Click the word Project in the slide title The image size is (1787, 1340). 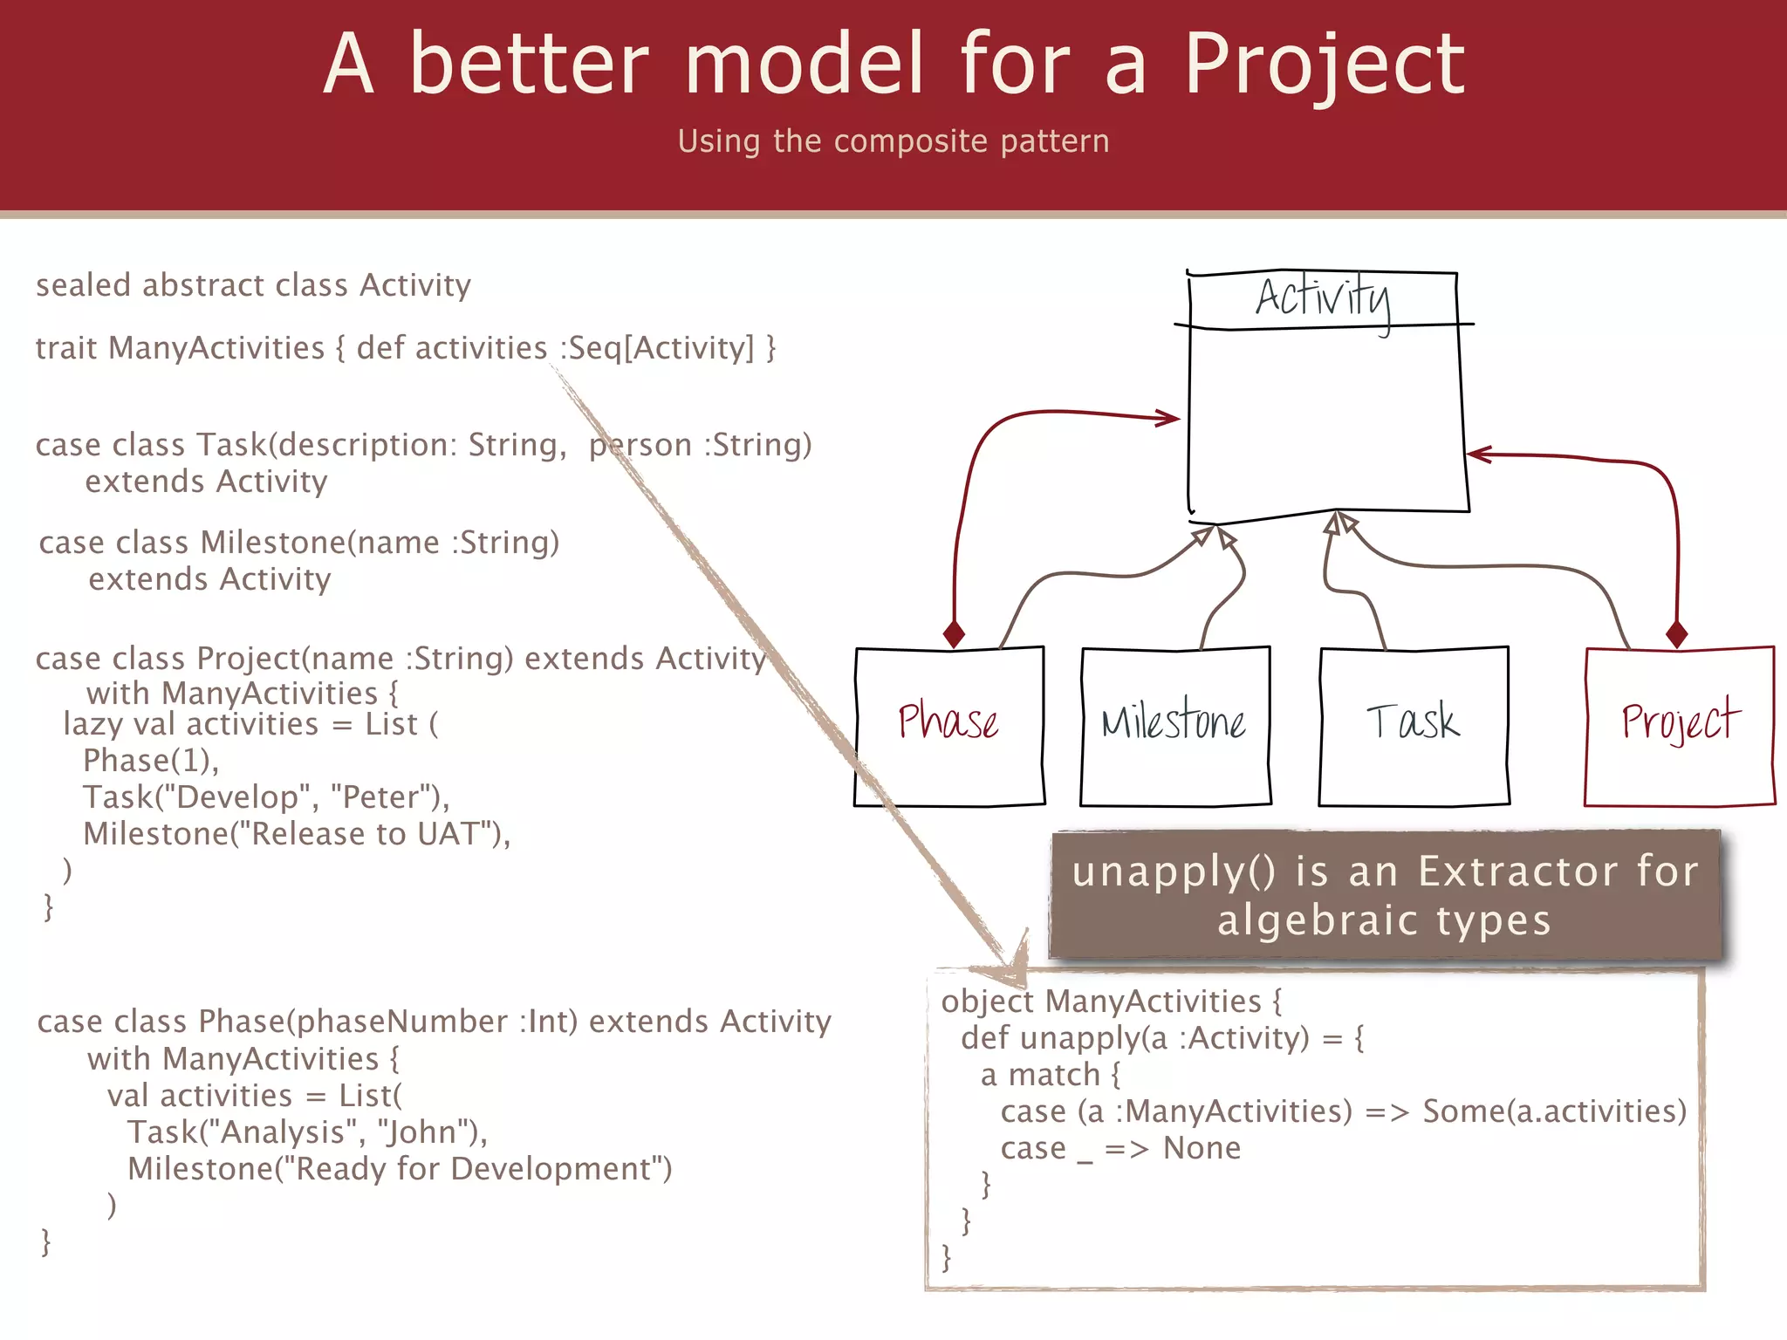(1324, 65)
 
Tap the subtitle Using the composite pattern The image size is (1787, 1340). (893, 141)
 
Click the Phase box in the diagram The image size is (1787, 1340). (949, 726)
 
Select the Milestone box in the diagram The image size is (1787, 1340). (1174, 726)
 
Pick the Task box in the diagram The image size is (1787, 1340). (1414, 726)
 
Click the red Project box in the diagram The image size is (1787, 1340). (1679, 726)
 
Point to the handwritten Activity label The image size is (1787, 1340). (1323, 298)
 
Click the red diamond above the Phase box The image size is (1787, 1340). (955, 634)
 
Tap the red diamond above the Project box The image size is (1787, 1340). (1676, 634)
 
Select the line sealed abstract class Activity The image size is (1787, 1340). (253, 286)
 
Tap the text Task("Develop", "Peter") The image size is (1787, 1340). (266, 797)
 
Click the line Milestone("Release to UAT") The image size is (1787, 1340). (297, 834)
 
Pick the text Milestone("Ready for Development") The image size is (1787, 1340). (400, 1169)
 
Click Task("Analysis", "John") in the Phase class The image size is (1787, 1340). (307, 1132)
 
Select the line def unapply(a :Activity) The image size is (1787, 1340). (1162, 1038)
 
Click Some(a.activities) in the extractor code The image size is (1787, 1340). (1554, 1111)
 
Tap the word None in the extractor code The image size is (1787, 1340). (1202, 1148)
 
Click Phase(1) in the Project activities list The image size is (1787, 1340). (150, 761)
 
